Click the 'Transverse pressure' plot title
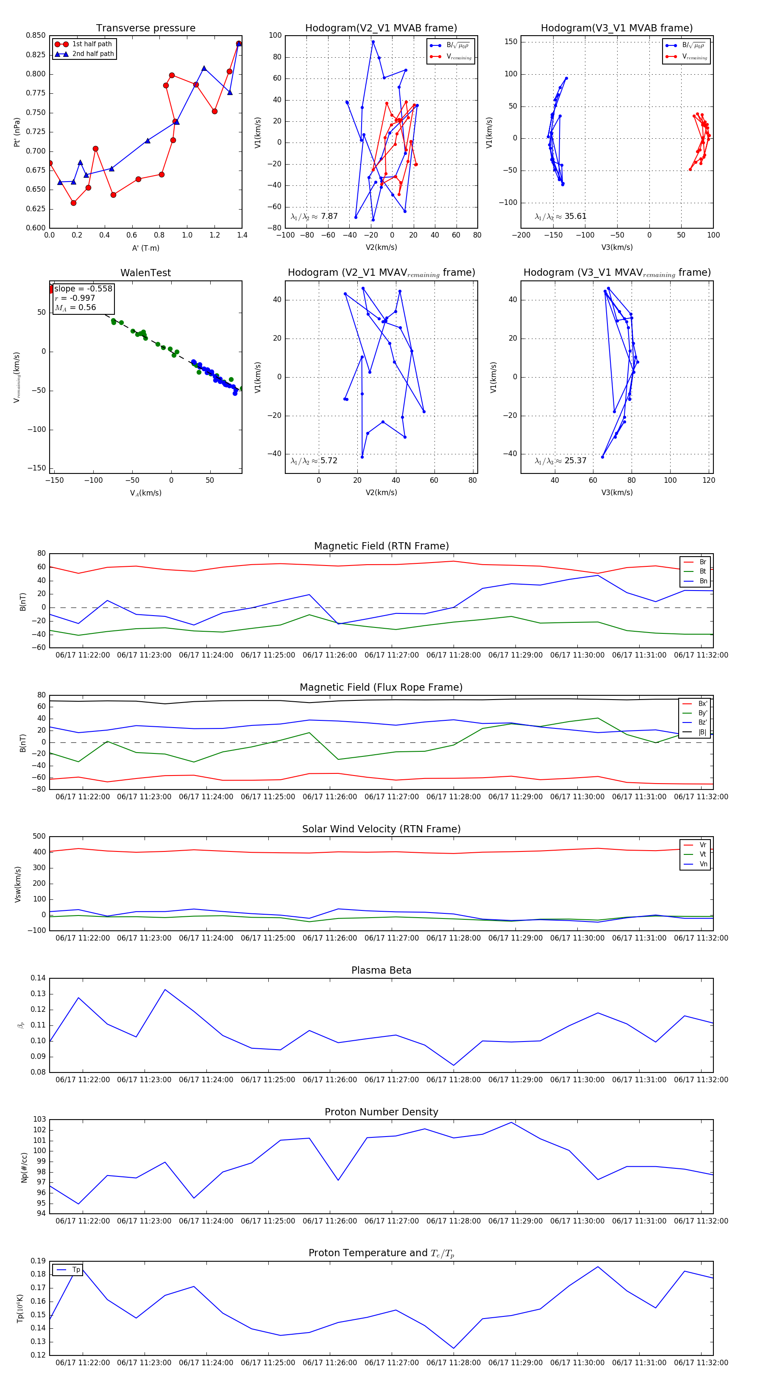pyautogui.click(x=145, y=28)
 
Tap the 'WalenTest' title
pyautogui.click(x=145, y=273)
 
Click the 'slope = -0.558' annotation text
pyautogui.click(x=83, y=288)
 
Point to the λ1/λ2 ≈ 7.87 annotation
pyautogui.click(x=314, y=216)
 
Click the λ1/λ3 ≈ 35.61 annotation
pyautogui.click(x=560, y=216)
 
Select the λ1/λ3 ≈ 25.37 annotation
pyautogui.click(x=560, y=461)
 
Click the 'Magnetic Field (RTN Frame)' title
pyautogui.click(x=381, y=546)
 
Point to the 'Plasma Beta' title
pyautogui.click(x=381, y=971)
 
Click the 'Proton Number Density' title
pyautogui.click(x=381, y=1112)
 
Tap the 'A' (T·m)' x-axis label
pyautogui.click(x=145, y=248)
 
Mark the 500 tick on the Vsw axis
pyautogui.click(x=39, y=837)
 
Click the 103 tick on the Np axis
pyautogui.click(x=40, y=1119)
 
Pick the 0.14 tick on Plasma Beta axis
pyautogui.click(x=38, y=978)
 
